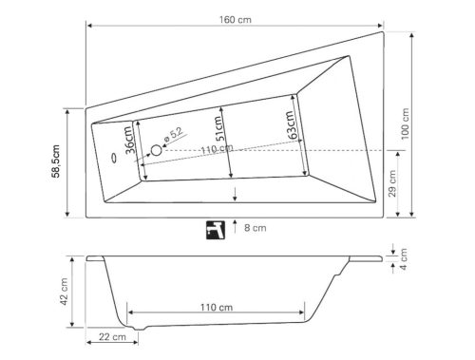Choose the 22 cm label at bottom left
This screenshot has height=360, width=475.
112,337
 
